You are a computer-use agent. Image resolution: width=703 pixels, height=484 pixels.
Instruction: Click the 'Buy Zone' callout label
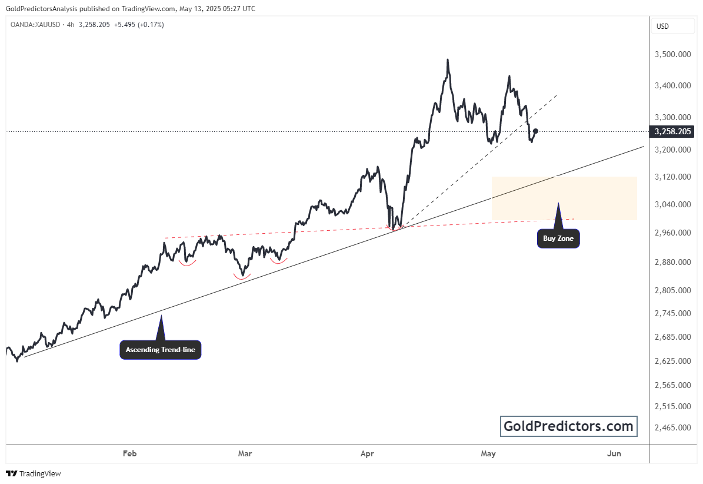[x=558, y=239]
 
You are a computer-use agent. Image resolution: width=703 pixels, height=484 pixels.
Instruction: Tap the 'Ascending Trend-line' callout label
[x=161, y=350]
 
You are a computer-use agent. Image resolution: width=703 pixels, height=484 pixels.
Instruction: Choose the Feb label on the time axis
[x=129, y=453]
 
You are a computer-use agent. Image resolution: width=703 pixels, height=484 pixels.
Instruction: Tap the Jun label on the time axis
[x=614, y=453]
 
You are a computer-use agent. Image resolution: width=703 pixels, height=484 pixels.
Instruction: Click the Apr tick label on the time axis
[x=367, y=453]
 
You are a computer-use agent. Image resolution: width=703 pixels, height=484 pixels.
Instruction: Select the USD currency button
[x=662, y=26]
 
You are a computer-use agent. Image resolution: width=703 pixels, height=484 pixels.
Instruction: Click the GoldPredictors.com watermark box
[x=569, y=426]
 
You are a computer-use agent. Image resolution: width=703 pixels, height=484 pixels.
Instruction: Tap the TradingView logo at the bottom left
[x=34, y=473]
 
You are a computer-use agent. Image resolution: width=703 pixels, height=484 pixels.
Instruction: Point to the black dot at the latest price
[x=535, y=131]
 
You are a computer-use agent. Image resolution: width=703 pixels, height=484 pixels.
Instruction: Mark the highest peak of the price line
[x=448, y=60]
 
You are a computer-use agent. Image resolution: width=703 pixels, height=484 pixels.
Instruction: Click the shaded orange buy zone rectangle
[x=564, y=198]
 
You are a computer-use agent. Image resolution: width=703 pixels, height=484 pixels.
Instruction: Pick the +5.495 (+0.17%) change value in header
[x=139, y=25]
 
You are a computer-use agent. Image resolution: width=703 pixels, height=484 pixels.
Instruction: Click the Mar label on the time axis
[x=245, y=453]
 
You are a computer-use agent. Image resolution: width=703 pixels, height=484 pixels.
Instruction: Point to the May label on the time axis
[x=488, y=453]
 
